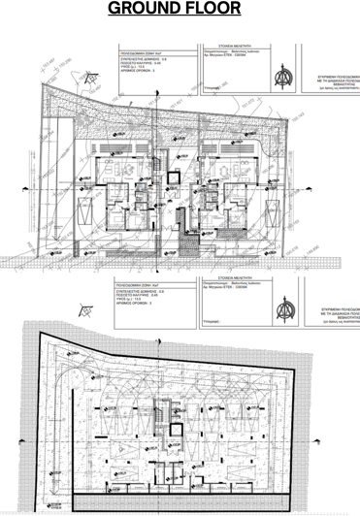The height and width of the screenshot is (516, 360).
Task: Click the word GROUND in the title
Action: tap(147, 11)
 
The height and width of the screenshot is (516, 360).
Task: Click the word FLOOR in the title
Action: tap(224, 11)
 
